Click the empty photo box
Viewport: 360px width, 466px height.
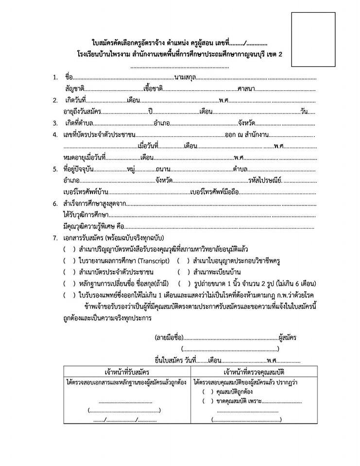pos(313,39)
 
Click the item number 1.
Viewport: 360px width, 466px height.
pos(55,78)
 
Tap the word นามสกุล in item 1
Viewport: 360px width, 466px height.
pos(185,78)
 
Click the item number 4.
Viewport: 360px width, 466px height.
pos(55,134)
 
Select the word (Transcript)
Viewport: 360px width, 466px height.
pos(154,261)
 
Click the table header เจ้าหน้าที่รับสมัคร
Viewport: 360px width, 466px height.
pos(126,372)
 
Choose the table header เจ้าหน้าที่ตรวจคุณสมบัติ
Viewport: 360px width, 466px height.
pos(254,372)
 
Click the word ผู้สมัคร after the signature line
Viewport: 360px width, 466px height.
pos(288,337)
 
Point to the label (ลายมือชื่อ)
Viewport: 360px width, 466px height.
pos(169,337)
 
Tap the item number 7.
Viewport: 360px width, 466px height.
pos(55,238)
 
